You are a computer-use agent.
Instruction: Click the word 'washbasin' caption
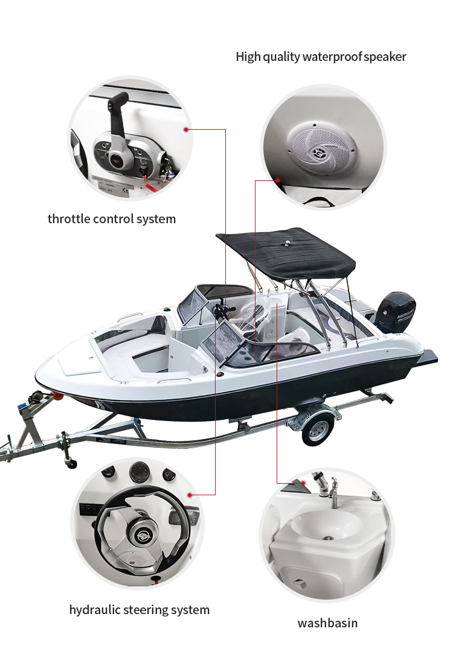(327, 623)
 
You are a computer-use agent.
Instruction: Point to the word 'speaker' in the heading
(385, 57)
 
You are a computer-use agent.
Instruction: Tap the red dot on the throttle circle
(186, 129)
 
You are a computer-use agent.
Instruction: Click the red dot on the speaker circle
(278, 180)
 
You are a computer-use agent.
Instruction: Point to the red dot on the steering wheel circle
(190, 495)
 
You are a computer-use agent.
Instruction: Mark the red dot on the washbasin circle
(303, 483)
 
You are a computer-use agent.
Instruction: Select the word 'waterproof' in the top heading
(332, 57)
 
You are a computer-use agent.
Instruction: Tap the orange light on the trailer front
(56, 396)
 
